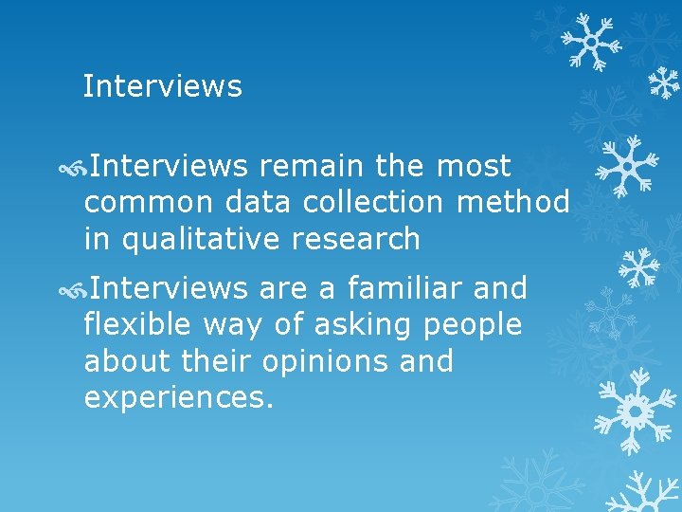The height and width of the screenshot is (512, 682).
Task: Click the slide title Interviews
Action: click(162, 86)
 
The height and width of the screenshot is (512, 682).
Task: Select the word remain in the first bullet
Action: click(310, 167)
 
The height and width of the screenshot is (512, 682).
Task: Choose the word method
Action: click(512, 203)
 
